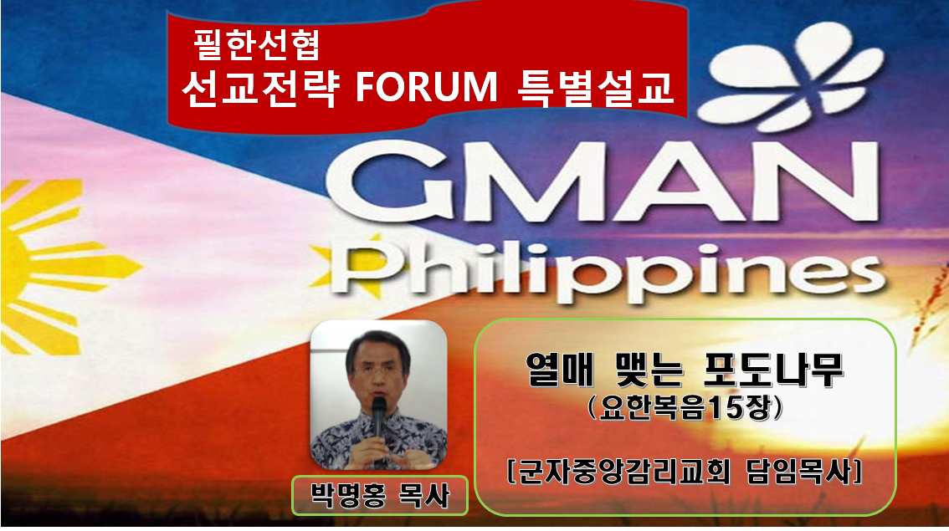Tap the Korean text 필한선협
[x=257, y=45]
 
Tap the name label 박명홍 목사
[x=380, y=496]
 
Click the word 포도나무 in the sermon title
[x=773, y=370]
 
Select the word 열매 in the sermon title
[x=560, y=370]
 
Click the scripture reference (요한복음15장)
[x=685, y=408]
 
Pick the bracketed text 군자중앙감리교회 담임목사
[x=685, y=472]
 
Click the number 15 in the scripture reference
[x=724, y=409]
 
